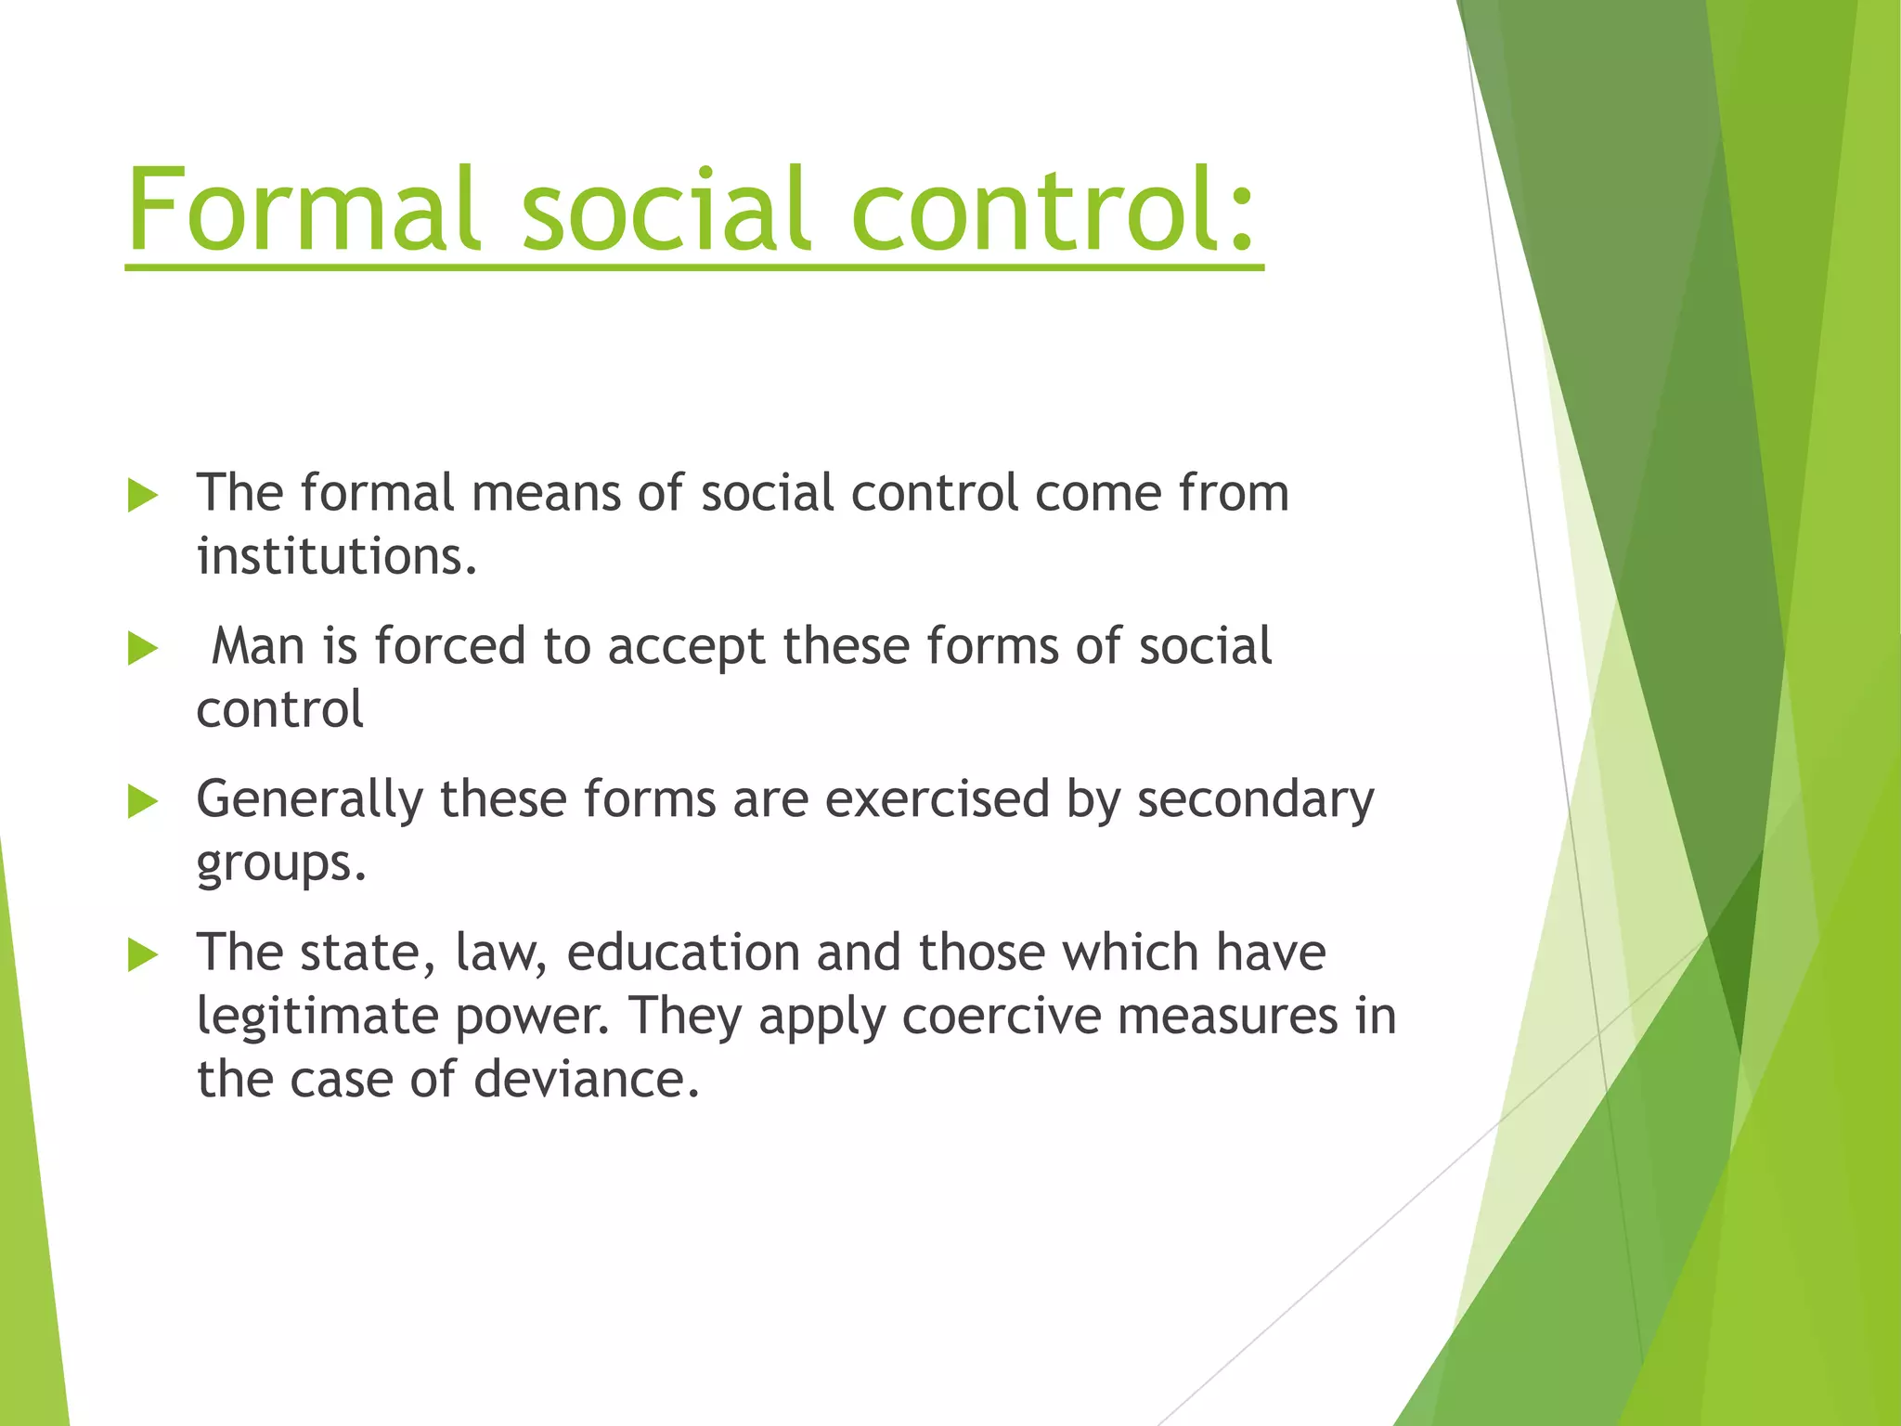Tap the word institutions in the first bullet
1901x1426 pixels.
pyautogui.click(x=336, y=556)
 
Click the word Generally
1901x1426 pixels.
pyautogui.click(x=309, y=799)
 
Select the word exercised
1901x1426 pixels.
pyautogui.click(x=937, y=799)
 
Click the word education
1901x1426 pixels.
pyautogui.click(x=683, y=953)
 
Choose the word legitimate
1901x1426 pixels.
pyautogui.click(x=317, y=1016)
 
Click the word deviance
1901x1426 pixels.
pyautogui.click(x=586, y=1079)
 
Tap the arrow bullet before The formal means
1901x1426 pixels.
pyautogui.click(x=143, y=495)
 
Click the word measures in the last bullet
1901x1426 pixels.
pyautogui.click(x=1227, y=1016)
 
